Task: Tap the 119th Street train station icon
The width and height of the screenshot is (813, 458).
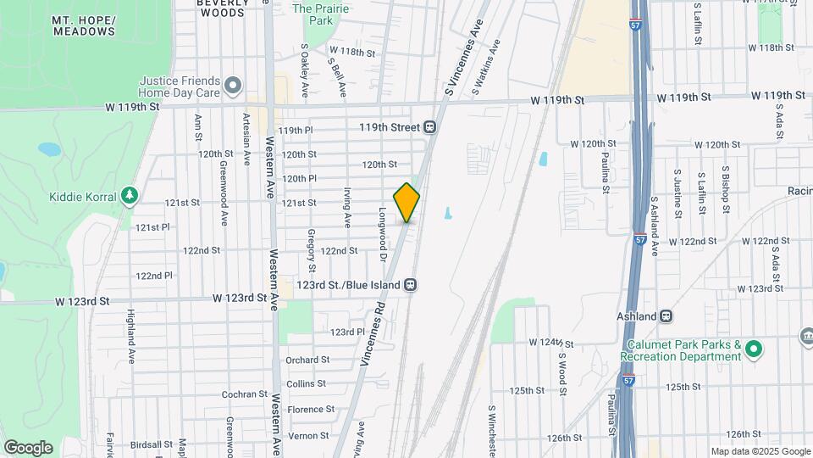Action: click(430, 127)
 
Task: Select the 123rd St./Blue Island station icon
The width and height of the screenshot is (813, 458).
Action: click(410, 284)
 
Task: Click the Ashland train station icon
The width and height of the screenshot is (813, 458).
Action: click(666, 316)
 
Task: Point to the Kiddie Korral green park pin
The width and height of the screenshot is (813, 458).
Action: click(130, 197)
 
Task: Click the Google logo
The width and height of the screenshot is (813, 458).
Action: click(28, 447)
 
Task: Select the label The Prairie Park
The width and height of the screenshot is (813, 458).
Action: click(313, 14)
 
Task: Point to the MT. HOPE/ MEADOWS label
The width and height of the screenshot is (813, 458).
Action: click(83, 25)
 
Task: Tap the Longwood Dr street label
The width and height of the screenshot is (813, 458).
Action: click(383, 234)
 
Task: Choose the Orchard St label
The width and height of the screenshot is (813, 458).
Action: click(307, 360)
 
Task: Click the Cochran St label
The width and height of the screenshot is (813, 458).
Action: click(245, 394)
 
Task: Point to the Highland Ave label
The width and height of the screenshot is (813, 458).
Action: click(131, 337)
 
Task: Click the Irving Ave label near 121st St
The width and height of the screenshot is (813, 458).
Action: click(347, 207)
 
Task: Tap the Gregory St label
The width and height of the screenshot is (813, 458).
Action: click(312, 244)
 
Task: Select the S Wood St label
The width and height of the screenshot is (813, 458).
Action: click(561, 361)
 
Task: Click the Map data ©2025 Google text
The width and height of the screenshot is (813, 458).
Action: click(760, 451)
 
